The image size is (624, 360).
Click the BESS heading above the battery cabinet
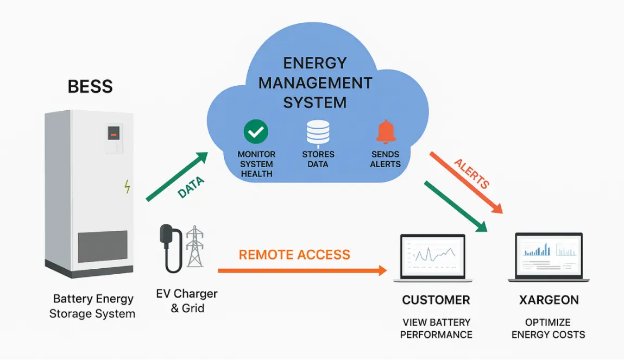(x=90, y=86)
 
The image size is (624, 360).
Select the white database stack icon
(x=318, y=132)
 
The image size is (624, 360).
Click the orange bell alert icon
(x=386, y=132)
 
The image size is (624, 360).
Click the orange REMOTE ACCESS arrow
(x=302, y=270)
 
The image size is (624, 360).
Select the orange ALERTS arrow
(x=467, y=182)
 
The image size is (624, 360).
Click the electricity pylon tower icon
(x=194, y=247)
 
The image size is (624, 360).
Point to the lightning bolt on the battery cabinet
(x=128, y=186)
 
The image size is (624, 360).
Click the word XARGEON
(x=549, y=300)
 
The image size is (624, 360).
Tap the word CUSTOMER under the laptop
(x=436, y=300)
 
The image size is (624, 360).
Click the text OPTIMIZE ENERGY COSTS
(x=549, y=328)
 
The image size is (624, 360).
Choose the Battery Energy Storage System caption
(x=92, y=306)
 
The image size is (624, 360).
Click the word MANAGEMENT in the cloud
(x=315, y=83)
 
